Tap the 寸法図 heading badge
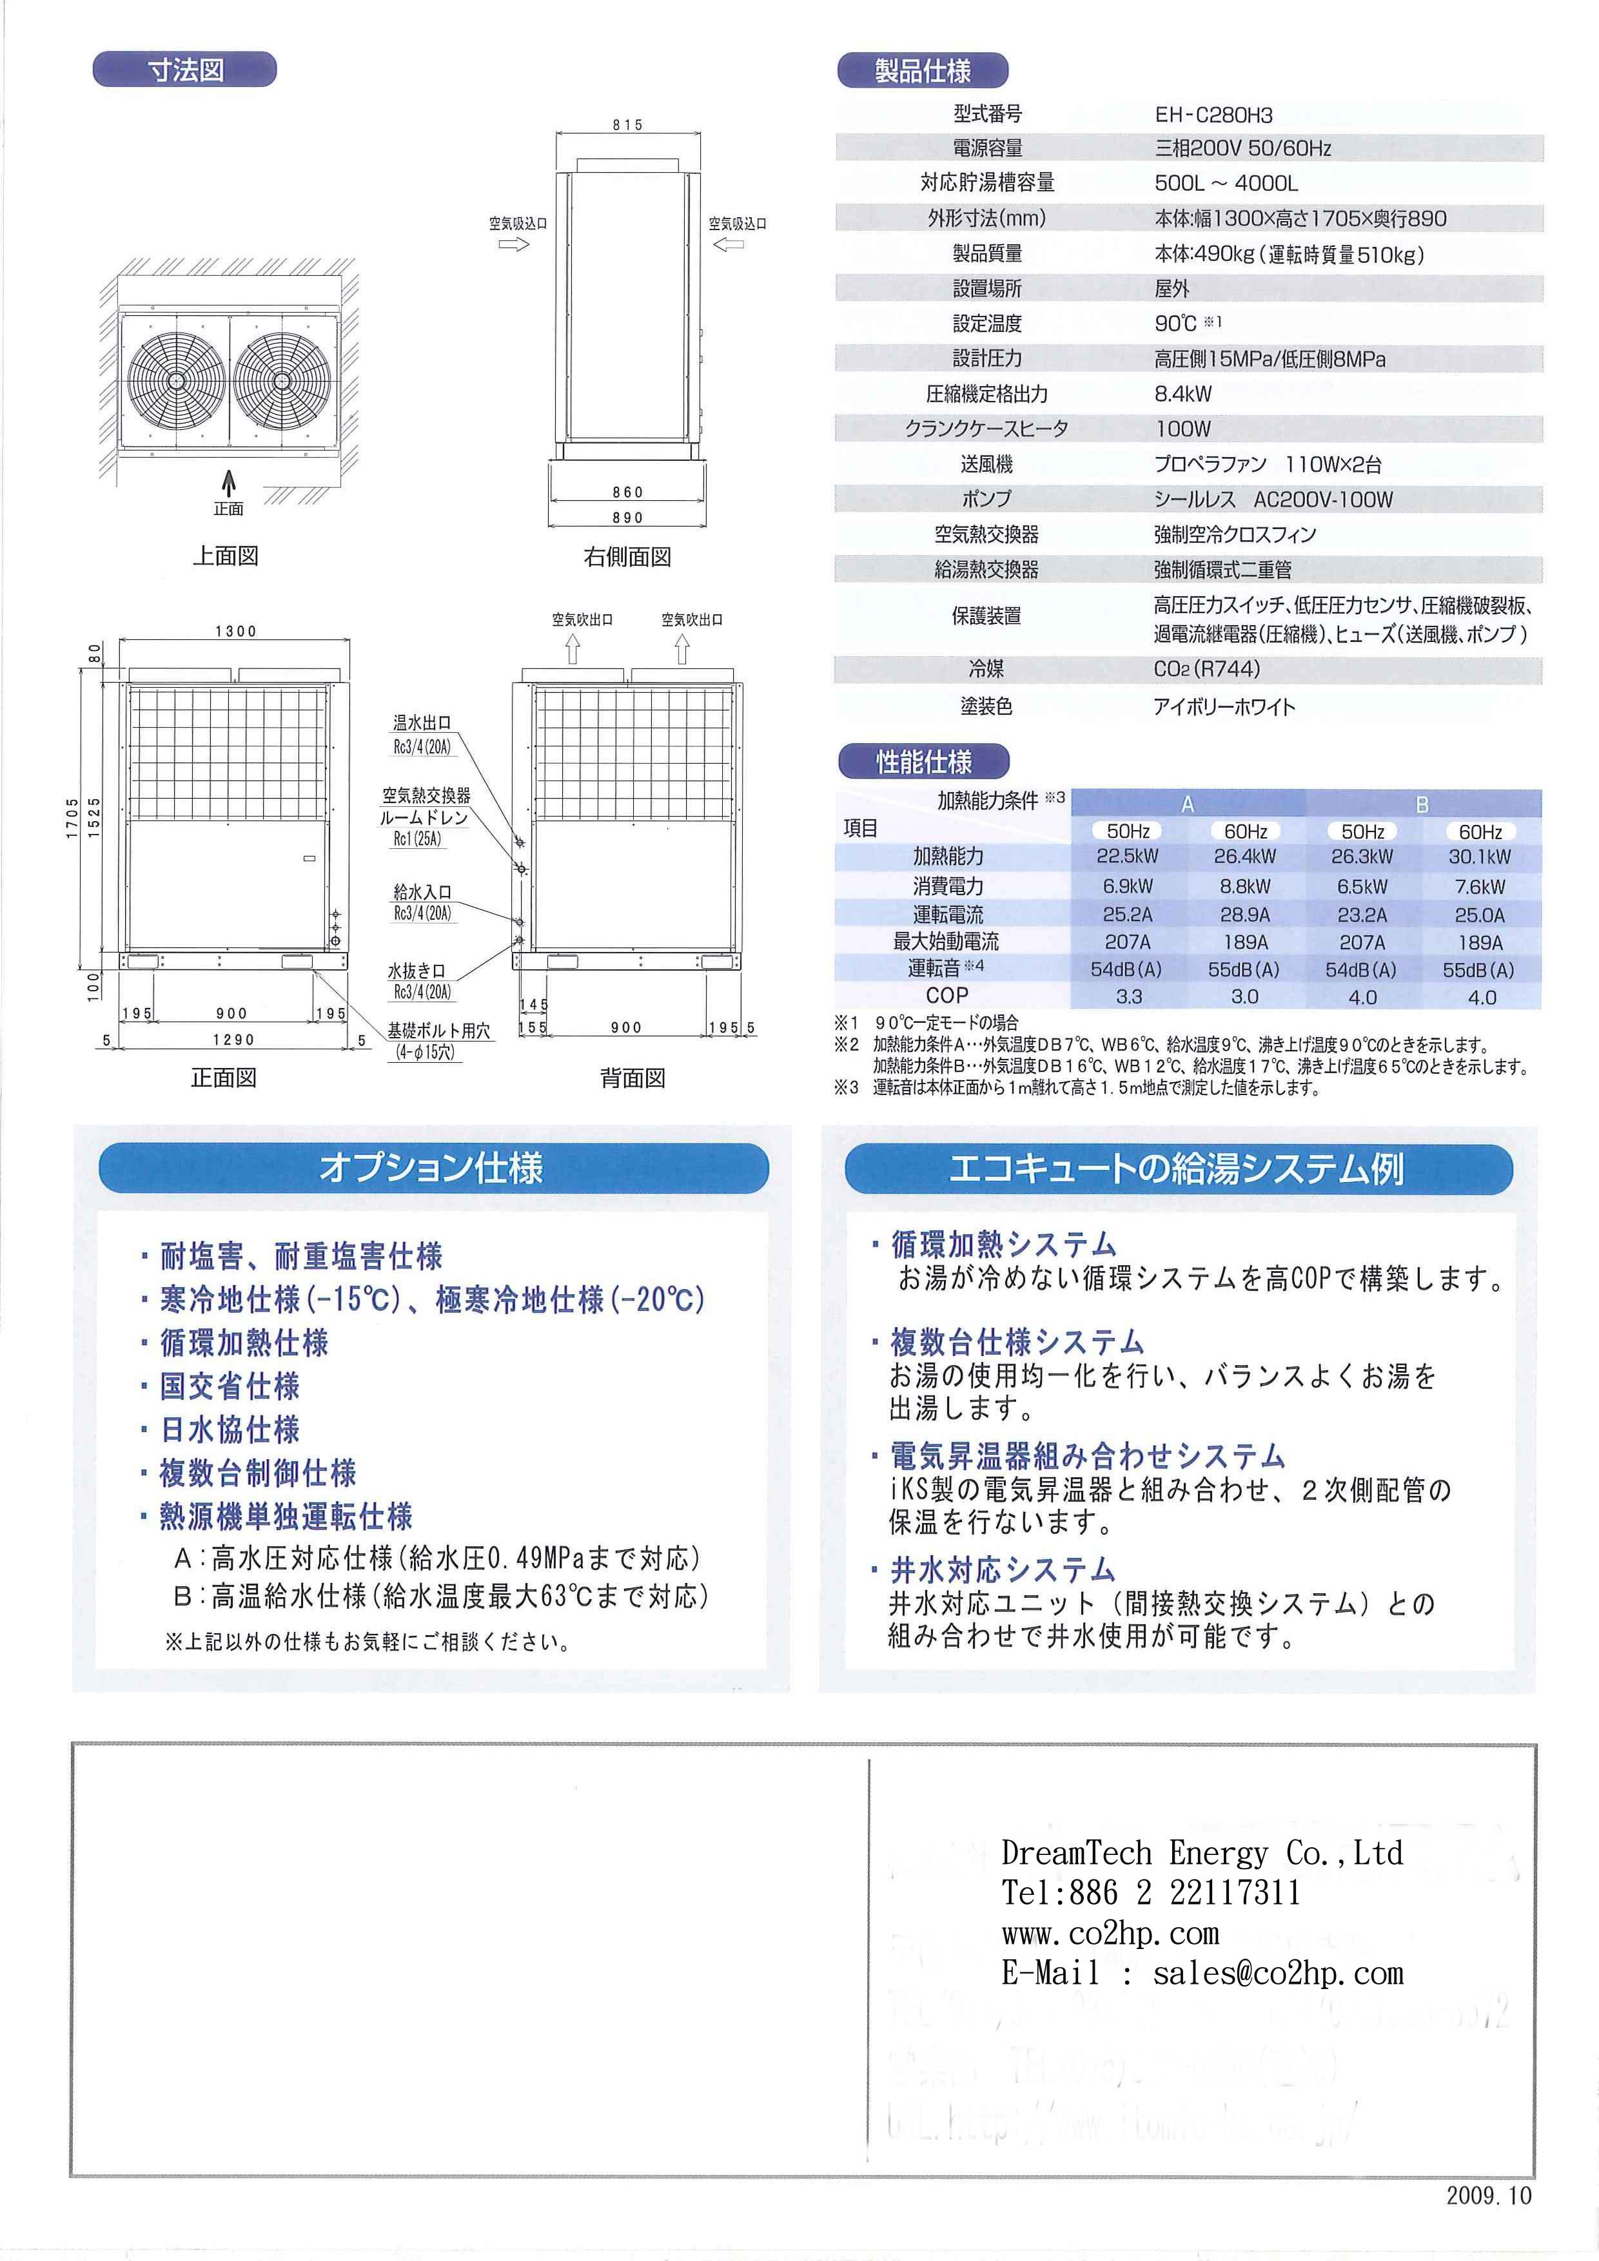[185, 70]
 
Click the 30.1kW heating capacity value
[1479, 857]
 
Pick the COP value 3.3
[1128, 996]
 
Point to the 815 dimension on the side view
[627, 125]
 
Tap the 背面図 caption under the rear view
[633, 1078]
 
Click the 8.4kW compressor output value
[1182, 394]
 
